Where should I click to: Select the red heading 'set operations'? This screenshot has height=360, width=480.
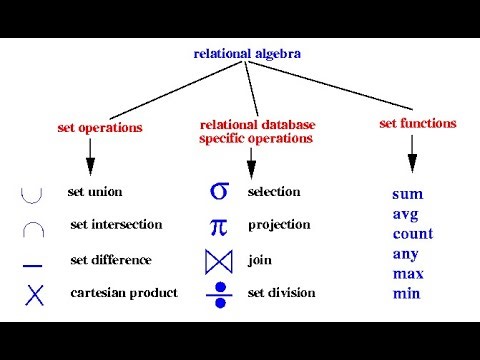(100, 128)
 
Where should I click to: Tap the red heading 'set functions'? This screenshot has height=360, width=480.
(418, 124)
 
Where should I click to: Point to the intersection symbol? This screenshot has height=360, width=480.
(34, 227)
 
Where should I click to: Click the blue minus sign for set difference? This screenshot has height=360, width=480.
(33, 263)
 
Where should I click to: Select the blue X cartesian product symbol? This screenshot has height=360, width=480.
(36, 294)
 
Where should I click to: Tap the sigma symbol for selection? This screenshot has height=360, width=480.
(219, 190)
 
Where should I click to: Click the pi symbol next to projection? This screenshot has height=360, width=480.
(219, 226)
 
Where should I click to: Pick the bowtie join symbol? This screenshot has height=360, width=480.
(218, 261)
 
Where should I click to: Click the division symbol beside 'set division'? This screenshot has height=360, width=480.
(219, 294)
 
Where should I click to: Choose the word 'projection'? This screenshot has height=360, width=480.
(279, 225)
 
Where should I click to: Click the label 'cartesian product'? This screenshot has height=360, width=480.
(124, 293)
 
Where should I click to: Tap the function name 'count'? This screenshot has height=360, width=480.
(413, 234)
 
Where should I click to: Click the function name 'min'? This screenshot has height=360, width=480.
(407, 294)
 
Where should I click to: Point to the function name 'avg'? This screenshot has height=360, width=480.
(406, 214)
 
